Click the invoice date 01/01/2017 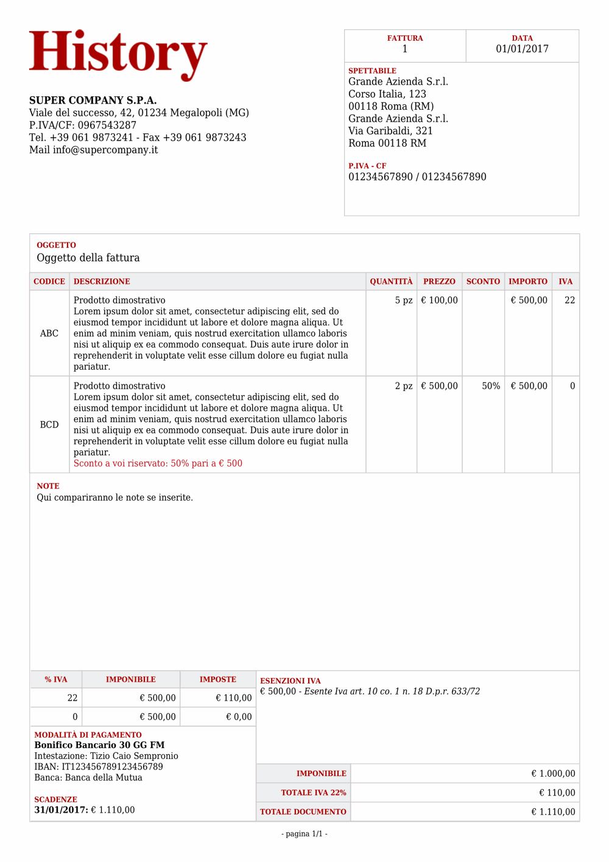(522, 49)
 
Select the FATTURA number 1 (405, 49)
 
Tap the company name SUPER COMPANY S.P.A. (93, 101)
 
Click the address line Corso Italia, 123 (387, 94)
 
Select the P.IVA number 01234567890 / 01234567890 (417, 177)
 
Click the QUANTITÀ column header (391, 281)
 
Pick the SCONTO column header (483, 281)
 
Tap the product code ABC (49, 333)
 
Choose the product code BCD (49, 425)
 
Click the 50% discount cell (491, 386)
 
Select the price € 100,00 (439, 300)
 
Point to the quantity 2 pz (404, 386)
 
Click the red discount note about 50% (158, 464)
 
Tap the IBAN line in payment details (99, 767)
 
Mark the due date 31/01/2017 (61, 810)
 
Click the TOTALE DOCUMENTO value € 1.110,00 (553, 812)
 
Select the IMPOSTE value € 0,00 (239, 717)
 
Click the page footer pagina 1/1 (304, 834)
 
